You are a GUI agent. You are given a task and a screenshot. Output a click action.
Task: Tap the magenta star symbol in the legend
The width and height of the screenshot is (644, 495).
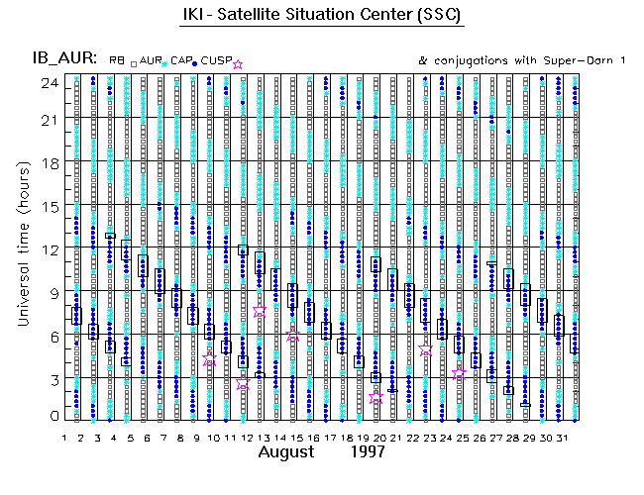(x=237, y=64)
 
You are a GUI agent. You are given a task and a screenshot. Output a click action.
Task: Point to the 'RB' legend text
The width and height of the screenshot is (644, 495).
(x=117, y=61)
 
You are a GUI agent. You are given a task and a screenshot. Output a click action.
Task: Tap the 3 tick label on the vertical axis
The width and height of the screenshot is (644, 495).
(x=55, y=379)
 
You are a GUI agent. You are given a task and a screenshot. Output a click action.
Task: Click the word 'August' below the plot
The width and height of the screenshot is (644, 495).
(x=293, y=452)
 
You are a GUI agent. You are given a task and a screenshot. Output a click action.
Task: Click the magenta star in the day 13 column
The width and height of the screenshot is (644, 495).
(x=260, y=311)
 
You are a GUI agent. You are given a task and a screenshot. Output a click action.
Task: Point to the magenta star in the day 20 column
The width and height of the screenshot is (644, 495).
(x=376, y=397)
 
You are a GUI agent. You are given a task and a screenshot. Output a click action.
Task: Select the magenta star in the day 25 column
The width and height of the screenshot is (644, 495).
(x=459, y=373)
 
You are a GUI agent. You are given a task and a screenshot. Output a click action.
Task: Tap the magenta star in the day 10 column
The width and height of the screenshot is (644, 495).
(x=209, y=360)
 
